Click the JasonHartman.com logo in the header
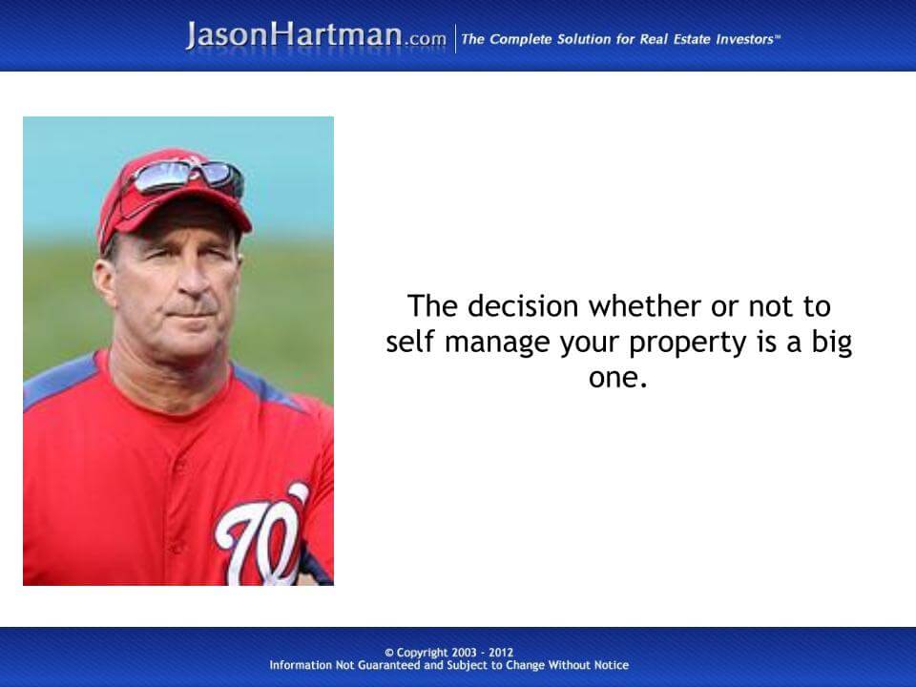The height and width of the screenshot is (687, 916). click(x=316, y=35)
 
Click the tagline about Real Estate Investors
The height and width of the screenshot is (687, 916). click(x=620, y=39)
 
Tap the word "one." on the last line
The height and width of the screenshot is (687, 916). click(x=618, y=377)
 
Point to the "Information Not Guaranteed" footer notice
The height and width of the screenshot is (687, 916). click(x=448, y=665)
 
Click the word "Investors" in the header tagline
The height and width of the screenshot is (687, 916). click(x=743, y=39)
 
